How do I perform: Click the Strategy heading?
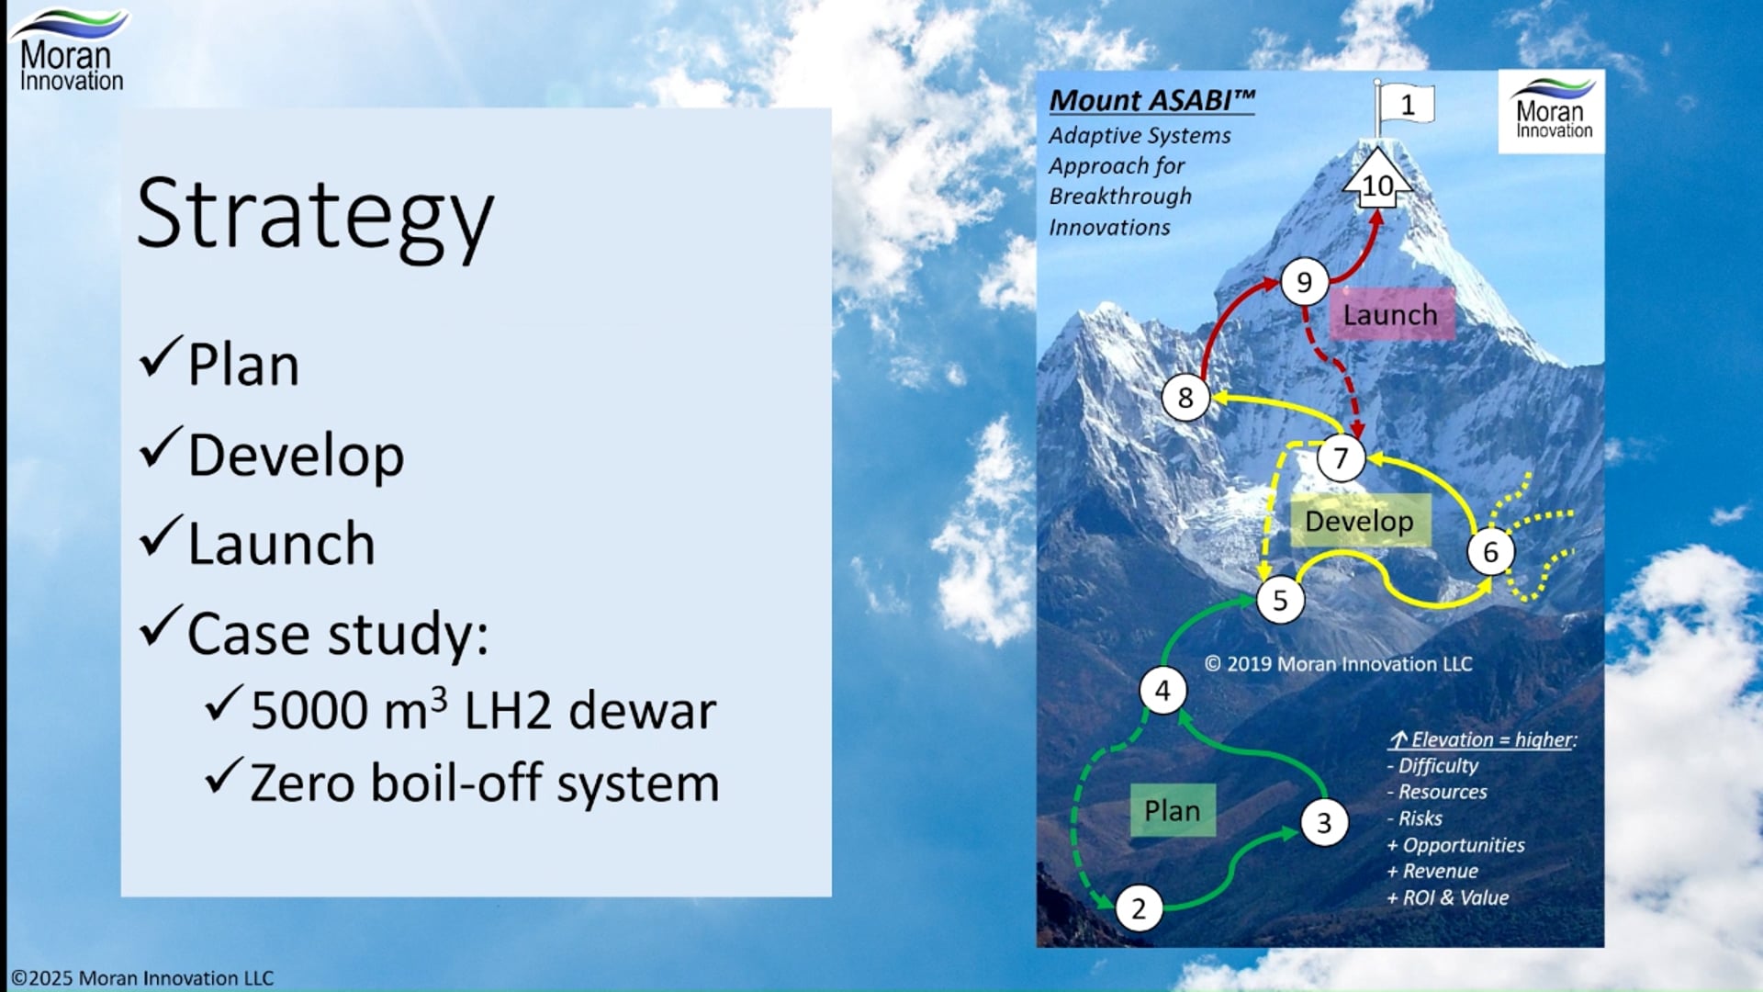coord(315,214)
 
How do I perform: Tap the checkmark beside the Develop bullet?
coord(161,448)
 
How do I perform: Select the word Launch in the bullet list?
coord(281,544)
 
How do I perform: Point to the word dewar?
coord(642,711)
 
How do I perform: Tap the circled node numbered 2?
coord(1139,908)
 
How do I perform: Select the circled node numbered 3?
coord(1323,822)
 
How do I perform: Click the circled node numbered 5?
coord(1280,600)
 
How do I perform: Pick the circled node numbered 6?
coord(1490,551)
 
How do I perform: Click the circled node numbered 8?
coord(1185,398)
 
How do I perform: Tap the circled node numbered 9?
coord(1304,282)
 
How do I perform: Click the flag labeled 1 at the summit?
coord(1406,106)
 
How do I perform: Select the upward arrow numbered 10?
coord(1377,182)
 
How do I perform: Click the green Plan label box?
coord(1172,810)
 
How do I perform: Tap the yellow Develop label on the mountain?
coord(1359,521)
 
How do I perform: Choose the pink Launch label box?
coord(1390,314)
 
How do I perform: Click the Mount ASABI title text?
coord(1151,100)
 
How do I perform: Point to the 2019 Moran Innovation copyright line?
coord(1338,664)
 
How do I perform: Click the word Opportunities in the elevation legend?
coord(1463,845)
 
